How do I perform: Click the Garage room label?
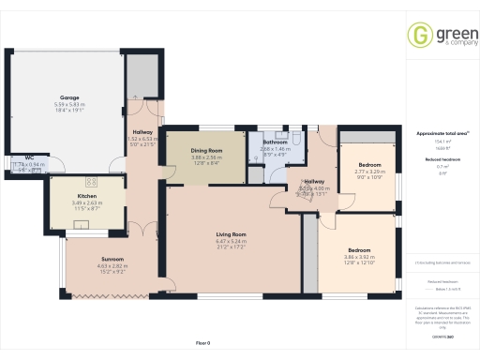point(68,97)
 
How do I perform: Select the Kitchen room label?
point(88,195)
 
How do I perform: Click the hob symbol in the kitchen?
point(92,180)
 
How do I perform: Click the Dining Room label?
point(206,150)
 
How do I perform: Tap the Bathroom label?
point(275,142)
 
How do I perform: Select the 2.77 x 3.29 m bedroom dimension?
point(370,172)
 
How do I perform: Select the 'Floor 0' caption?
point(202,343)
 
